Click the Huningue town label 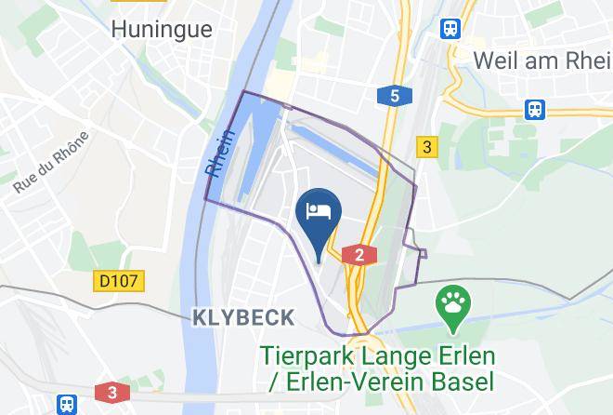(x=161, y=29)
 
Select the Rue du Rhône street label (x=52, y=163)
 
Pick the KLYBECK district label (x=243, y=317)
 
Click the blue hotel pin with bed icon (x=319, y=211)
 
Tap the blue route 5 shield (x=395, y=96)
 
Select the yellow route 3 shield (x=426, y=146)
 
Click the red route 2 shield (x=359, y=255)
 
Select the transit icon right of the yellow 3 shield (x=535, y=109)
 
